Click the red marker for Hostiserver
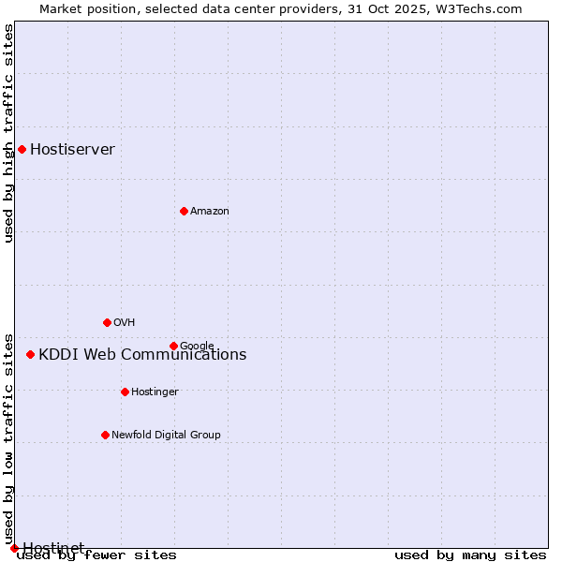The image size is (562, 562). coord(22,149)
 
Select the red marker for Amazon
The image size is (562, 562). coord(184,211)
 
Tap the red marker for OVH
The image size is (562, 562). coord(107,322)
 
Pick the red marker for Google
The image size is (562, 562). coord(173,346)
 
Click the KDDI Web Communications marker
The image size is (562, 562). coord(30,354)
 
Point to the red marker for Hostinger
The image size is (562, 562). coord(125,392)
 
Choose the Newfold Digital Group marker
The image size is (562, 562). coord(105,435)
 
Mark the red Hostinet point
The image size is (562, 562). coord(14,548)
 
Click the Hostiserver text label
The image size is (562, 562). coord(72,150)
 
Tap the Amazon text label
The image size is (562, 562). coord(210,212)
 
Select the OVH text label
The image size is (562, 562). coord(125,323)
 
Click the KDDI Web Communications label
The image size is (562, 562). coord(142,355)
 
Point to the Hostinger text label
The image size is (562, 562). coord(155,392)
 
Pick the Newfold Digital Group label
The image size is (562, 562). coord(166,436)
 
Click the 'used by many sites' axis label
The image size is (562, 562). coord(470,555)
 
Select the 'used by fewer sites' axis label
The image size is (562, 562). coord(96,555)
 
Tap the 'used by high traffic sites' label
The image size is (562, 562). coord(8,133)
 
